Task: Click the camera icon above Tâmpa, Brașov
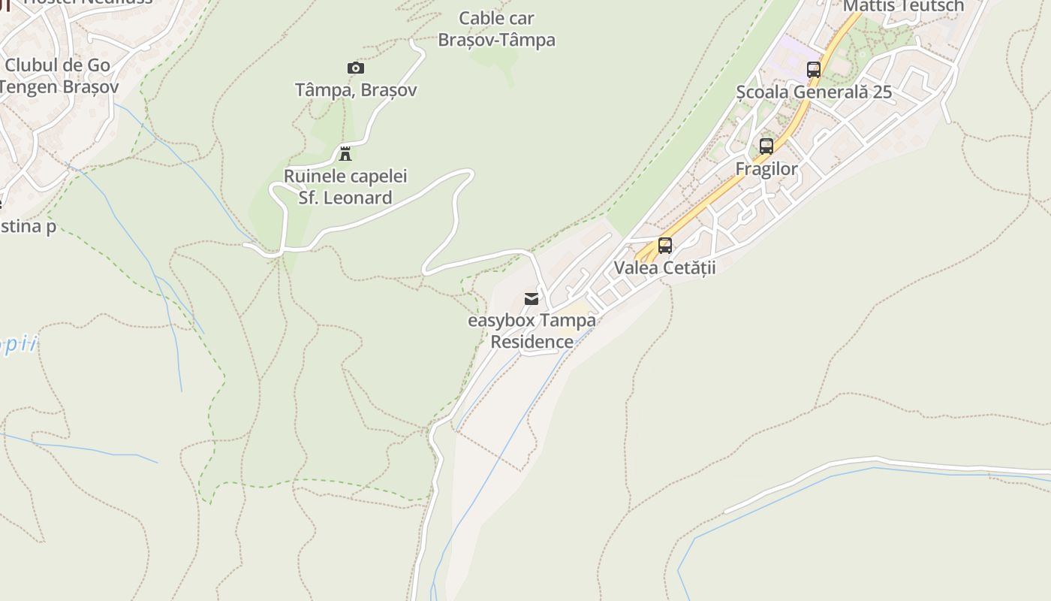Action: pyautogui.click(x=356, y=68)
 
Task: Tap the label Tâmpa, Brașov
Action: pyautogui.click(x=356, y=90)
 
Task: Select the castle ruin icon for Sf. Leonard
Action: pyautogui.click(x=345, y=154)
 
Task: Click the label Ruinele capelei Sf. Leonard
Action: pyautogui.click(x=345, y=187)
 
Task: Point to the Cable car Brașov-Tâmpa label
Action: pyautogui.click(x=496, y=29)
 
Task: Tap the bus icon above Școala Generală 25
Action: pyautogui.click(x=814, y=70)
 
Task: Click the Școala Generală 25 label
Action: pyautogui.click(x=814, y=92)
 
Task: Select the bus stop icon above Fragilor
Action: pyautogui.click(x=766, y=146)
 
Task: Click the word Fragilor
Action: pyautogui.click(x=766, y=169)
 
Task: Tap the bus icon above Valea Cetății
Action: pyautogui.click(x=665, y=246)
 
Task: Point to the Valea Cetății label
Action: pyautogui.click(x=665, y=267)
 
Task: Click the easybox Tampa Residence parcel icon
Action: pyautogui.click(x=532, y=299)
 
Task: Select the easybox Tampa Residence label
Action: pyautogui.click(x=532, y=331)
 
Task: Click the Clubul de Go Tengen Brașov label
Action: pyautogui.click(x=58, y=76)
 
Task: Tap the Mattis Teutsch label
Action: pyautogui.click(x=903, y=6)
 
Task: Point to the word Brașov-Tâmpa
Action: pyautogui.click(x=496, y=40)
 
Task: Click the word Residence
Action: pyautogui.click(x=532, y=342)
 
